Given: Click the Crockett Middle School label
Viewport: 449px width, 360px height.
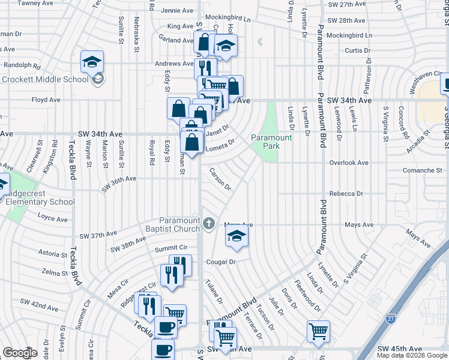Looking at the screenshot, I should [46, 79].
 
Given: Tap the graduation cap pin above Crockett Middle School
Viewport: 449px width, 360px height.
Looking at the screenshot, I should [92, 62].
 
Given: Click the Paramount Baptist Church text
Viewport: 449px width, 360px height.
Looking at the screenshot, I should [179, 224].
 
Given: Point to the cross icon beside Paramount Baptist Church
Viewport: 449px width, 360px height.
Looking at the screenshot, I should [209, 224].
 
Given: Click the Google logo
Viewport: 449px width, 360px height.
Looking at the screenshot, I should [20, 353].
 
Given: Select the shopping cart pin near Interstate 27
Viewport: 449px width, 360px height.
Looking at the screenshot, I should [318, 331].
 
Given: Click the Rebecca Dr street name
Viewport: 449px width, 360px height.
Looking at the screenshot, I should [346, 194].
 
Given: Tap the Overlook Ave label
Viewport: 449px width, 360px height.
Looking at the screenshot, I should [349, 163].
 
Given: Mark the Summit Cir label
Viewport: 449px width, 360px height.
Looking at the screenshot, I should [171, 248].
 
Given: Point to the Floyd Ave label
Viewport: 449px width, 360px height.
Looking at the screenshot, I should [46, 100].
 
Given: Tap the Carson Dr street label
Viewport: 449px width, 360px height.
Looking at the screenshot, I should [220, 179].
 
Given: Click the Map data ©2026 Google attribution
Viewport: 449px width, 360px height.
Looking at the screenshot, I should [412, 355].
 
